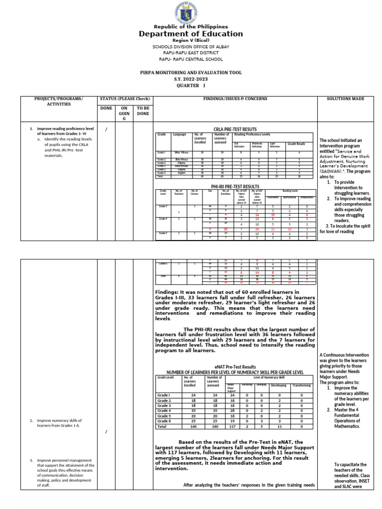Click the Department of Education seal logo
[x=191, y=12]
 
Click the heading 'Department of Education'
[x=191, y=34]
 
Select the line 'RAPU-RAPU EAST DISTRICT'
[x=191, y=52]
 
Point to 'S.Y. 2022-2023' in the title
[x=191, y=79]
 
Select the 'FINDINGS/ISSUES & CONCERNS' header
[x=235, y=99]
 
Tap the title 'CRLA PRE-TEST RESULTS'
[x=235, y=129]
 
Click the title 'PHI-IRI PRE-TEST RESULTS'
[x=235, y=185]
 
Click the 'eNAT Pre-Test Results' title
[x=235, y=366]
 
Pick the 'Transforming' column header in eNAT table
[x=301, y=385]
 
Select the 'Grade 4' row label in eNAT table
[x=164, y=411]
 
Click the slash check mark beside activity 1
[x=107, y=130]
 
